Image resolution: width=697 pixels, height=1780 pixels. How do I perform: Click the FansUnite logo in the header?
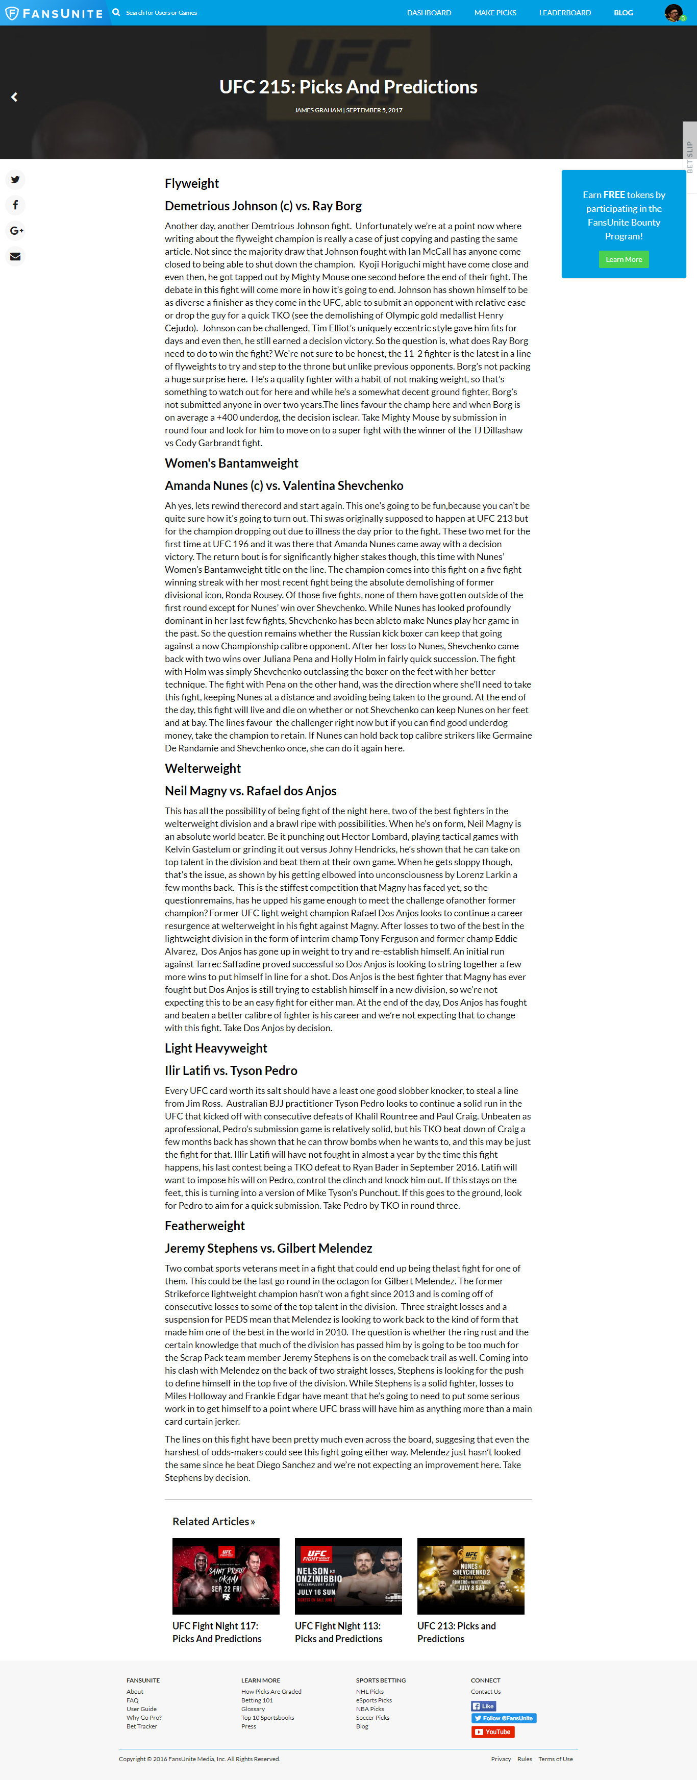coord(54,13)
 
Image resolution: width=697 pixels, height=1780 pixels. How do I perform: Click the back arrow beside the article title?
coord(14,97)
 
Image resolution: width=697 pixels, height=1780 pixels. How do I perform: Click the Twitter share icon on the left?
coord(15,180)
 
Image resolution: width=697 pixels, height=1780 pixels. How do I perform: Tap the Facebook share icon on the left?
coord(15,205)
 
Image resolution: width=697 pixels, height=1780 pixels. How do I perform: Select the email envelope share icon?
coord(15,256)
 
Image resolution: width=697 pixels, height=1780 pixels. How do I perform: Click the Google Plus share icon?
coord(15,231)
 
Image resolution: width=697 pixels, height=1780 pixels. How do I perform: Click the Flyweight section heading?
coord(191,184)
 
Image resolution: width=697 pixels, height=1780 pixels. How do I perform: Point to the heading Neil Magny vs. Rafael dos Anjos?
coord(250,791)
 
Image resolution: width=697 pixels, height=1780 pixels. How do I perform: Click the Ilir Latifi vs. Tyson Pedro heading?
coord(231,1071)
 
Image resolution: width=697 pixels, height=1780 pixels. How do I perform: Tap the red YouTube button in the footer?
coord(492,1732)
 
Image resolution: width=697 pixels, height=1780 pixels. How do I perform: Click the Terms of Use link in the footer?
coord(555,1759)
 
